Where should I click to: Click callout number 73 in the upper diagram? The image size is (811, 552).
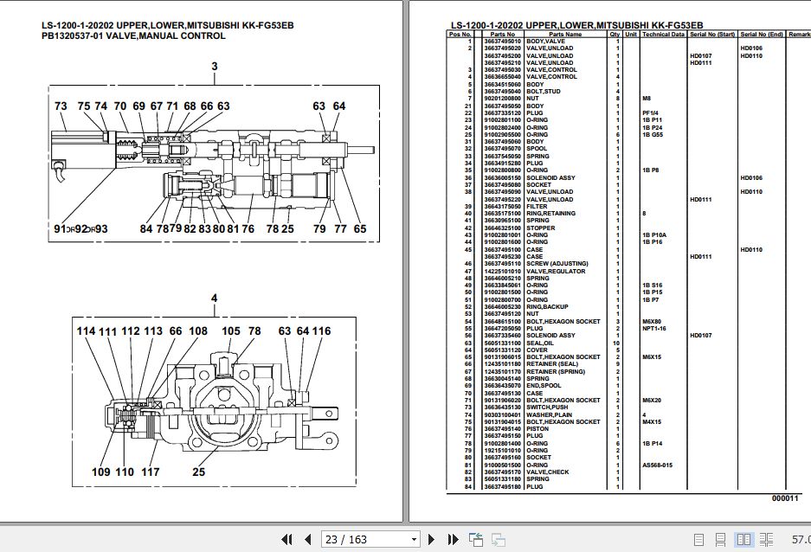click(x=61, y=106)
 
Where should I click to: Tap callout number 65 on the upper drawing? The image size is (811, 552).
click(x=360, y=229)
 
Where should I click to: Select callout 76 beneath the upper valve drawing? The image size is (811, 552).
click(x=248, y=229)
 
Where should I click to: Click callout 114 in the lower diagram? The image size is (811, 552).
click(x=87, y=331)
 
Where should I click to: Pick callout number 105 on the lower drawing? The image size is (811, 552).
click(x=231, y=331)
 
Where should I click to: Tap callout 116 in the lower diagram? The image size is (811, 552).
click(x=321, y=331)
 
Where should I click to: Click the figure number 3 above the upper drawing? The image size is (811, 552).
click(x=215, y=67)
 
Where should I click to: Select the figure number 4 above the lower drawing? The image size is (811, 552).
click(x=215, y=299)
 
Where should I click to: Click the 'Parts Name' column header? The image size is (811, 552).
click(x=567, y=35)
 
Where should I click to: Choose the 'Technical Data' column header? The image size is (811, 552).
click(x=663, y=35)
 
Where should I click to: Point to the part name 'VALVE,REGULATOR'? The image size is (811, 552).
click(x=556, y=271)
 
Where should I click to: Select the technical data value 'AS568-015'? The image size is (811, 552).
click(x=657, y=465)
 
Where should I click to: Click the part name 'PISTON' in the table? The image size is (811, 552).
click(x=537, y=429)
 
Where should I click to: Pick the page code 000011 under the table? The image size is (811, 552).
click(x=786, y=498)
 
